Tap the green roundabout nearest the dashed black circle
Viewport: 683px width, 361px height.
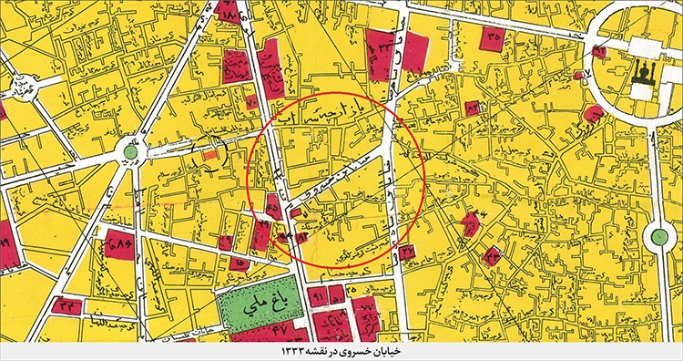(x=131, y=151)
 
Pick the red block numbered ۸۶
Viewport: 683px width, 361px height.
(x=119, y=244)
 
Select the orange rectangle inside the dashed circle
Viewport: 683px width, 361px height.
(x=211, y=157)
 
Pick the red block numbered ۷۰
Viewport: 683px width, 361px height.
(x=368, y=315)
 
